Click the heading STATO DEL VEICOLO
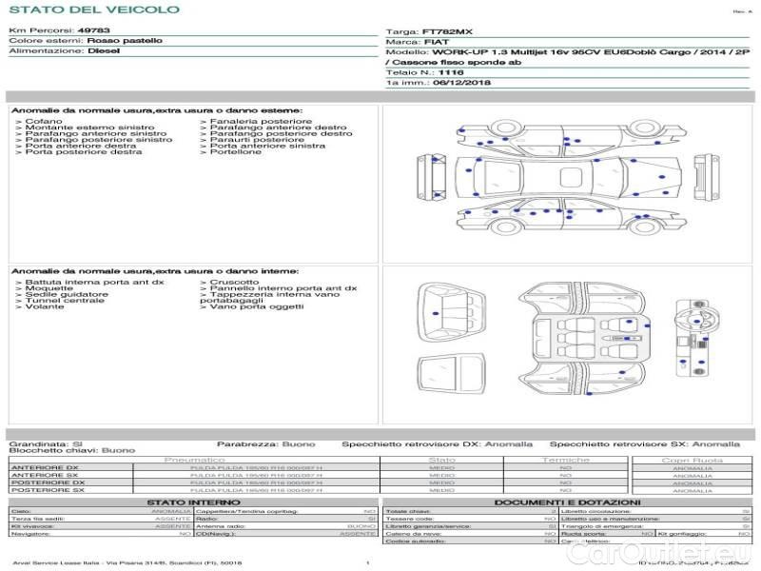tap(93, 10)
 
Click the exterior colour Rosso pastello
tap(124, 41)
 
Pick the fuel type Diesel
tap(103, 51)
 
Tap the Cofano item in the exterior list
tap(44, 122)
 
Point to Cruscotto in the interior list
tap(233, 283)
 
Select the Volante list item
tap(44, 307)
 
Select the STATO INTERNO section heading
tap(187, 502)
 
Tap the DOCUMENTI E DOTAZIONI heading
tap(567, 502)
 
